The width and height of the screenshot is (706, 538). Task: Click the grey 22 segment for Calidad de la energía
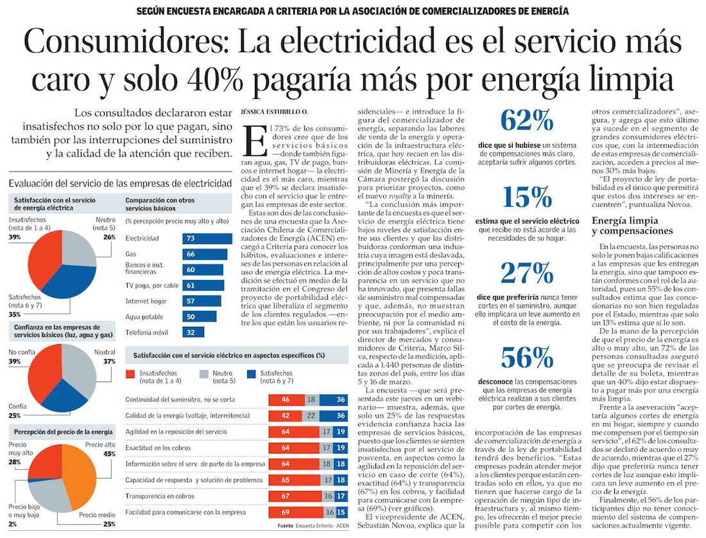[310, 415]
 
